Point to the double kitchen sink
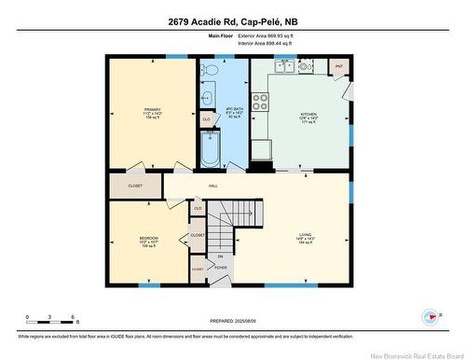point(285,66)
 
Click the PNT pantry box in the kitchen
point(339,67)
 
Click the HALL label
point(212,187)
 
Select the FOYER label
point(221,268)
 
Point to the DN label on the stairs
point(220,256)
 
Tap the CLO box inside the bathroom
point(206,119)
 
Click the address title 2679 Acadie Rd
point(232,21)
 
